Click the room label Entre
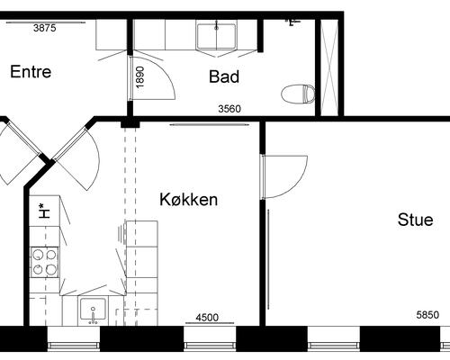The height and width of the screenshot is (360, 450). point(31,72)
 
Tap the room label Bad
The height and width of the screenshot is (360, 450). point(224,76)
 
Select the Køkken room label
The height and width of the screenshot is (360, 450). point(188,199)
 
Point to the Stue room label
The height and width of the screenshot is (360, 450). point(416,220)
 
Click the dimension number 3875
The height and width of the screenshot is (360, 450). point(45,28)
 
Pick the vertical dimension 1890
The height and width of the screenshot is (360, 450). point(140,77)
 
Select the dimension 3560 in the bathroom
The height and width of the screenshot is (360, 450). point(229,109)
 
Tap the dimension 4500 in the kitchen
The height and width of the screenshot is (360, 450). point(207,317)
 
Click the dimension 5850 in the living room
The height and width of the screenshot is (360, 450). point(427,315)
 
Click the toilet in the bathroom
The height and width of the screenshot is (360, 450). point(298,94)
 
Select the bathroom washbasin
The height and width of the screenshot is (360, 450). point(216,36)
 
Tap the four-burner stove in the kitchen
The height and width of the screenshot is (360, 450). point(45,262)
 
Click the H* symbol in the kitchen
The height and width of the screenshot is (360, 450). point(44,211)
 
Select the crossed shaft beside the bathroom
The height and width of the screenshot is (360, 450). point(329,68)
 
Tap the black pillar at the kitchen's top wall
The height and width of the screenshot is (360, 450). point(130,124)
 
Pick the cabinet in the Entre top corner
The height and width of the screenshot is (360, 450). point(111,35)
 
